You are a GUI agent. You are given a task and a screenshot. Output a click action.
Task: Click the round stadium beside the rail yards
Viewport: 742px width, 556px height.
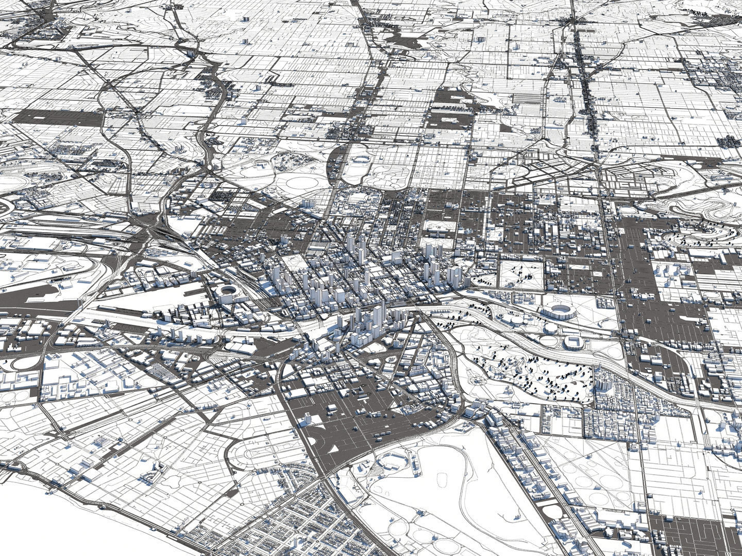click(227, 294)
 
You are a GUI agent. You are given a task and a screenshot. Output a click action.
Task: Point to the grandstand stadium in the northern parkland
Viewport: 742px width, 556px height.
click(359, 158)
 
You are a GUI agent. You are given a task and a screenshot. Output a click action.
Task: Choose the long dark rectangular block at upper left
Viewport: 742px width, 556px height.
click(57, 117)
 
